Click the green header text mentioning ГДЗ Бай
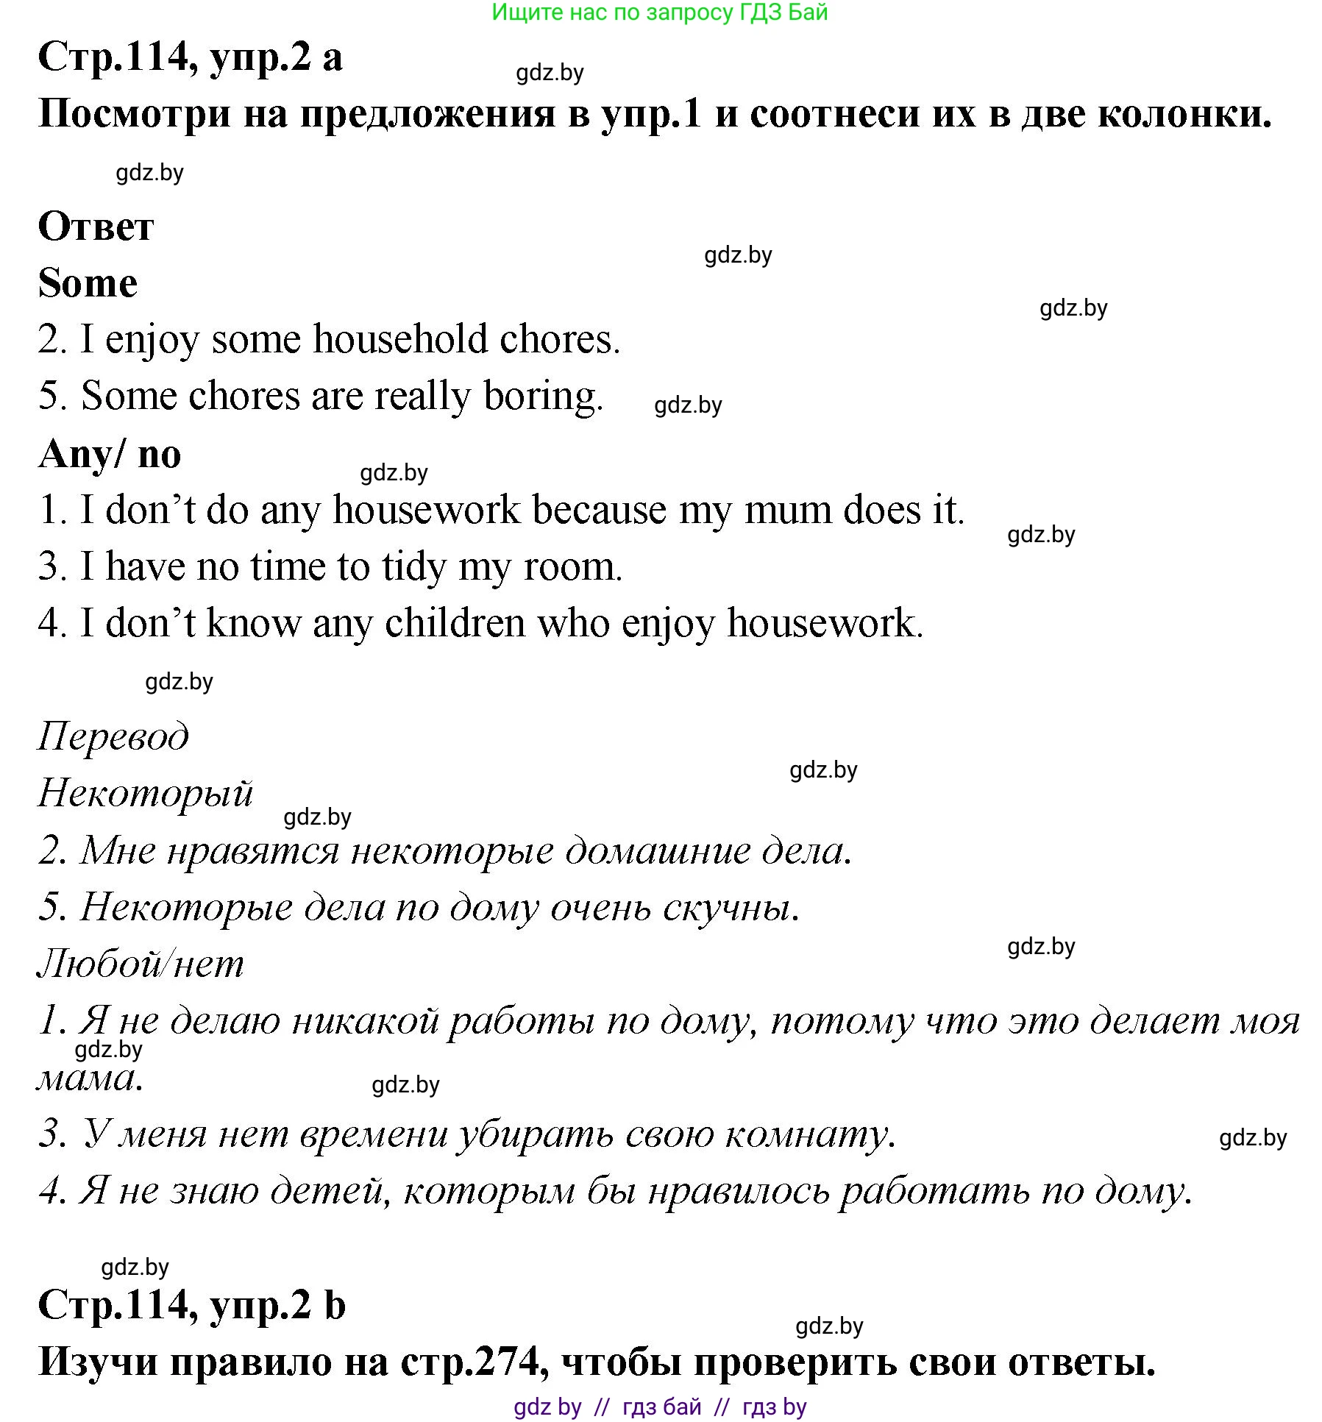(x=659, y=12)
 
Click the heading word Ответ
(x=96, y=227)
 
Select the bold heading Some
(x=88, y=283)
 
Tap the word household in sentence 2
(x=400, y=340)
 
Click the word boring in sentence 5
(x=542, y=397)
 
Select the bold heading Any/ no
(x=110, y=454)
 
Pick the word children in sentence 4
(x=455, y=624)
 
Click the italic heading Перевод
(x=113, y=736)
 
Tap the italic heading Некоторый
(x=145, y=794)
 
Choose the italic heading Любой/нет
(x=140, y=964)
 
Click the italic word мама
(x=86, y=1079)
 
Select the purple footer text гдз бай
(x=661, y=1407)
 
